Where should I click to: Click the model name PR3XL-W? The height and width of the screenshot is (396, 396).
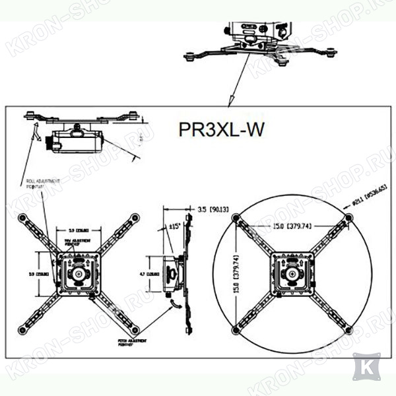click(x=221, y=129)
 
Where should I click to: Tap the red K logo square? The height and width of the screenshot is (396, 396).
click(x=366, y=366)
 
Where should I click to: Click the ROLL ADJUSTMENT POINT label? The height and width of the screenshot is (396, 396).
click(x=42, y=183)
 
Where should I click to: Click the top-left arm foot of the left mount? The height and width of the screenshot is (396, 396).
click(x=23, y=217)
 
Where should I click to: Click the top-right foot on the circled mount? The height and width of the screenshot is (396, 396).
click(x=348, y=217)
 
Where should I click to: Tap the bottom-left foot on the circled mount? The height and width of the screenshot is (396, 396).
click(x=236, y=329)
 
